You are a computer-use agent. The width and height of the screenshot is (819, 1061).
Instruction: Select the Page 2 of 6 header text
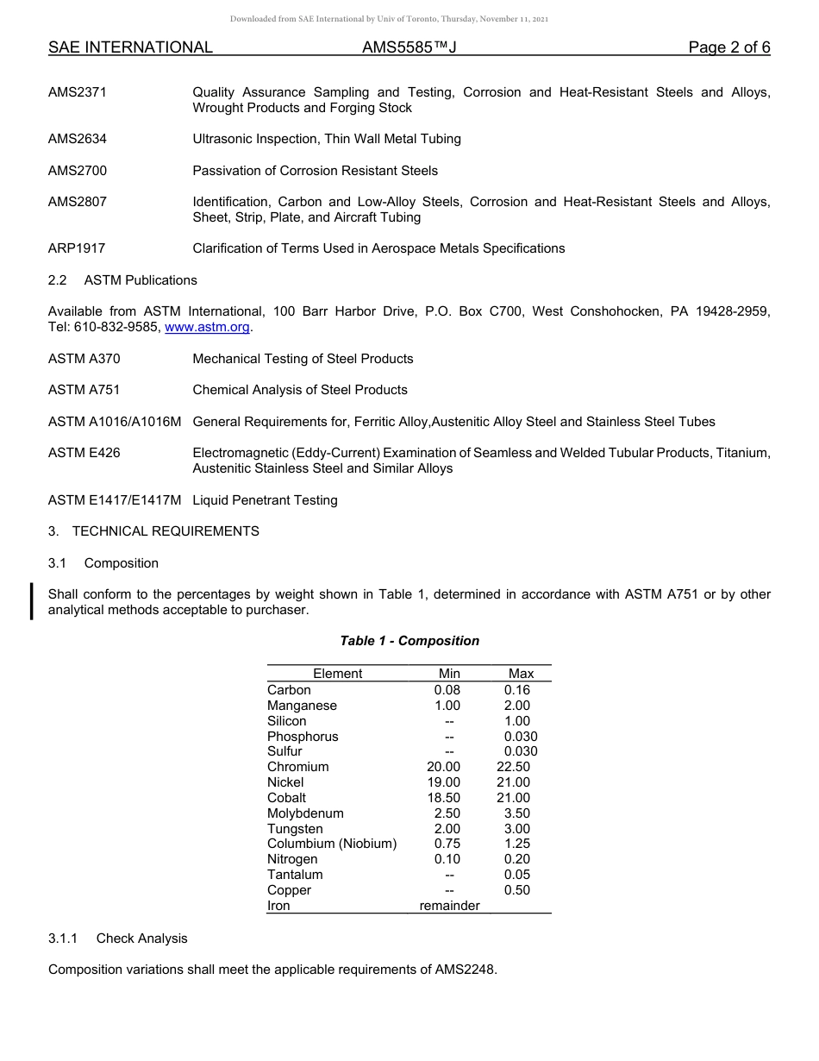click(728, 47)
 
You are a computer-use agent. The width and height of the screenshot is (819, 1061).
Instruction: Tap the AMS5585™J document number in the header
click(409, 47)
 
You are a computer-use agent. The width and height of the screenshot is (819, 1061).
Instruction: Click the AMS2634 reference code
click(78, 139)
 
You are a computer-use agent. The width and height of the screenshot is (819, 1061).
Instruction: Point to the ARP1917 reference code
click(77, 248)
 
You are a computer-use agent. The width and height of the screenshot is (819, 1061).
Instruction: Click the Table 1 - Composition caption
click(409, 641)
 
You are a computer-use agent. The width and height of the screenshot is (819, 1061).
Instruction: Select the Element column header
click(337, 674)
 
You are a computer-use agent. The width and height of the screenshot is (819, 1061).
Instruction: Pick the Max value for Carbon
click(517, 690)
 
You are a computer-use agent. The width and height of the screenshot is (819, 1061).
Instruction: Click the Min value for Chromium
click(443, 767)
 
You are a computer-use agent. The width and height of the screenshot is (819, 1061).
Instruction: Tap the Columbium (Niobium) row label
click(332, 844)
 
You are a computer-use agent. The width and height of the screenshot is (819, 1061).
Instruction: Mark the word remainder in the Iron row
click(449, 906)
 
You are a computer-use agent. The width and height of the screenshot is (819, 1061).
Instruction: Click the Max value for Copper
click(517, 890)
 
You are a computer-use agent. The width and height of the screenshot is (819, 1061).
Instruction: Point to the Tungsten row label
click(295, 829)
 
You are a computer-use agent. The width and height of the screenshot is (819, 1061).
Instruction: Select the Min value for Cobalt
click(443, 798)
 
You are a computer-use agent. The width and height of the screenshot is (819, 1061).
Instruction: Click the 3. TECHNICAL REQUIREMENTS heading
click(153, 531)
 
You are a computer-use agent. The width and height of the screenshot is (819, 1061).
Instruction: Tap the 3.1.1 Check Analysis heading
click(117, 939)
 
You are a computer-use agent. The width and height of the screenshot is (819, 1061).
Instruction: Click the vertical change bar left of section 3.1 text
click(32, 601)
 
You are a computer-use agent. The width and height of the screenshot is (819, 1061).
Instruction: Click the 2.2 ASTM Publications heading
click(122, 280)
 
